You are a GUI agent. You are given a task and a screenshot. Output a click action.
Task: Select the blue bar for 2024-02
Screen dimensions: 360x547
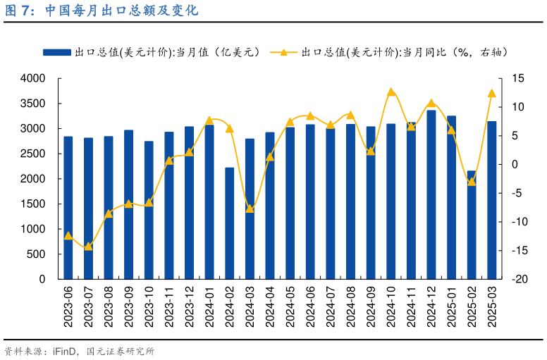point(229,223)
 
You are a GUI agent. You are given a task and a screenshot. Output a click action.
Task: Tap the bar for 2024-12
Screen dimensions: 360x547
point(431,194)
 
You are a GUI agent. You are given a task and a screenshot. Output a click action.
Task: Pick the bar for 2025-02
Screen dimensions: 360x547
point(472,225)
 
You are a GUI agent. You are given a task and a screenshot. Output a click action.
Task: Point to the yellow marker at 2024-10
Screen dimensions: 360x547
point(391,92)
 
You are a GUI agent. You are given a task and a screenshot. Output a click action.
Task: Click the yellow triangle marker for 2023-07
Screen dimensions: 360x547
point(88,247)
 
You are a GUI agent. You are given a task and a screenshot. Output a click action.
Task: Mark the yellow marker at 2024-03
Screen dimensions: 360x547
point(250,208)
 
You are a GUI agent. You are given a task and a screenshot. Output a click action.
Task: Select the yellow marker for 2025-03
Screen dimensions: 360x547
point(492,93)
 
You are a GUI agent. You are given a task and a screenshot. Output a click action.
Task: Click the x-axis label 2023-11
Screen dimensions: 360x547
point(169,306)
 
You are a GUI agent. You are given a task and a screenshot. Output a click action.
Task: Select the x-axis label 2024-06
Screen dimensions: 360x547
point(310,306)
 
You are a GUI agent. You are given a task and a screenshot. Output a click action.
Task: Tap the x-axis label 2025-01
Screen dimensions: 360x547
point(452,306)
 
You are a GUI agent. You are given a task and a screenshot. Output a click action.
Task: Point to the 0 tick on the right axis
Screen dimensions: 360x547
point(514,165)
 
